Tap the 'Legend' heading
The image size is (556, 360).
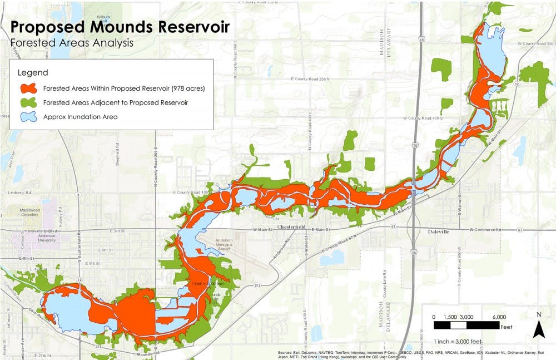coord(33,73)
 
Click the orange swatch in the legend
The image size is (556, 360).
coord(28,88)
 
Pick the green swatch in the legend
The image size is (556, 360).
coord(28,102)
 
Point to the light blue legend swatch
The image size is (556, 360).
coord(28,117)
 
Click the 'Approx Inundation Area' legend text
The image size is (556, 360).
coord(80,117)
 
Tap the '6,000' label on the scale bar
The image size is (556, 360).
coord(499,316)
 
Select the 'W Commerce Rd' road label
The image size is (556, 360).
coord(485,229)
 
